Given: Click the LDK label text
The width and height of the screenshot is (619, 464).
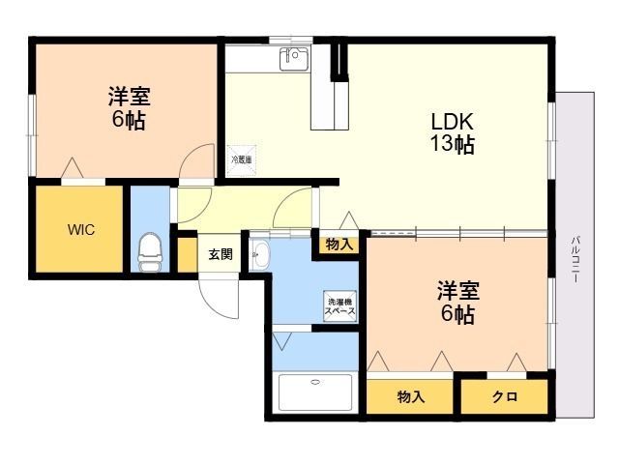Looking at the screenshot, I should (x=452, y=123).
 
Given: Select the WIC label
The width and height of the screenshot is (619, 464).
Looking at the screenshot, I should (x=80, y=230).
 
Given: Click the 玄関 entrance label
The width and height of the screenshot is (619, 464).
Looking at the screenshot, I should (x=221, y=254).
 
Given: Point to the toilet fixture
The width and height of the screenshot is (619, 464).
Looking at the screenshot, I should (x=150, y=252).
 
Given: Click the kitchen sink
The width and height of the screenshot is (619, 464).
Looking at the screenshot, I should (x=294, y=59).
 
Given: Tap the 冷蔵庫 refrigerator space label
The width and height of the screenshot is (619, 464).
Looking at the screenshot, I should (x=241, y=159).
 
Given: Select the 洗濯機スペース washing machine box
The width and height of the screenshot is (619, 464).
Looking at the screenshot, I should (x=339, y=305).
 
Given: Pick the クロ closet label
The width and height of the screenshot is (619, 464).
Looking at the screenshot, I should (x=504, y=396).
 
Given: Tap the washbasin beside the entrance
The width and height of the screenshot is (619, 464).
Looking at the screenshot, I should (x=259, y=255).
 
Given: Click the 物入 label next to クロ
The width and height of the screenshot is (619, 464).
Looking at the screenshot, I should (x=411, y=396).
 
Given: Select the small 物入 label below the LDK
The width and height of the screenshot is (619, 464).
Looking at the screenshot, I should (x=339, y=245).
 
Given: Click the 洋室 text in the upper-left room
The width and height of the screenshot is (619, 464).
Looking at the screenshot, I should (x=129, y=97).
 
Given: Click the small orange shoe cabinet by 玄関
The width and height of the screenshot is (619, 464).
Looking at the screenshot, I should (x=188, y=255).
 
